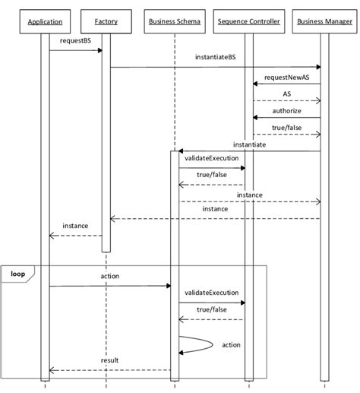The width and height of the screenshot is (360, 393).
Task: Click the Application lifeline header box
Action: point(45,22)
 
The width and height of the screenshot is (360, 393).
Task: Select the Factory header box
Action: point(106,22)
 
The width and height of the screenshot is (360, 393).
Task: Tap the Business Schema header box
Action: point(175,22)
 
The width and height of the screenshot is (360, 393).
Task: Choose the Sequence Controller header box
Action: point(248,22)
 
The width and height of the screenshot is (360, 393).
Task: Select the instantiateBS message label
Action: point(215,58)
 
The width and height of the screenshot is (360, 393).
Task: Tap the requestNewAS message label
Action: point(286,78)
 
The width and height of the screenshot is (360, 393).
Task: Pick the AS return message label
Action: point(286,94)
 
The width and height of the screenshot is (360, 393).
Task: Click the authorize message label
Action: point(286,111)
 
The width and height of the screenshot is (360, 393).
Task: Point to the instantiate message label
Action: point(248,144)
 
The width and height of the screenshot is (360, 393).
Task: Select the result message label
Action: point(109,360)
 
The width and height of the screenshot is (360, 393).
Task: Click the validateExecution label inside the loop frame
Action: point(212,293)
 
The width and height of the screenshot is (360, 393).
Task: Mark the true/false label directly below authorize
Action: point(286,128)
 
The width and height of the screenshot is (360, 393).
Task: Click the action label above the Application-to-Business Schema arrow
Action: point(109,276)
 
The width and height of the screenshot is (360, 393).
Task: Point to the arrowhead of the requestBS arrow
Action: point(99,50)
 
